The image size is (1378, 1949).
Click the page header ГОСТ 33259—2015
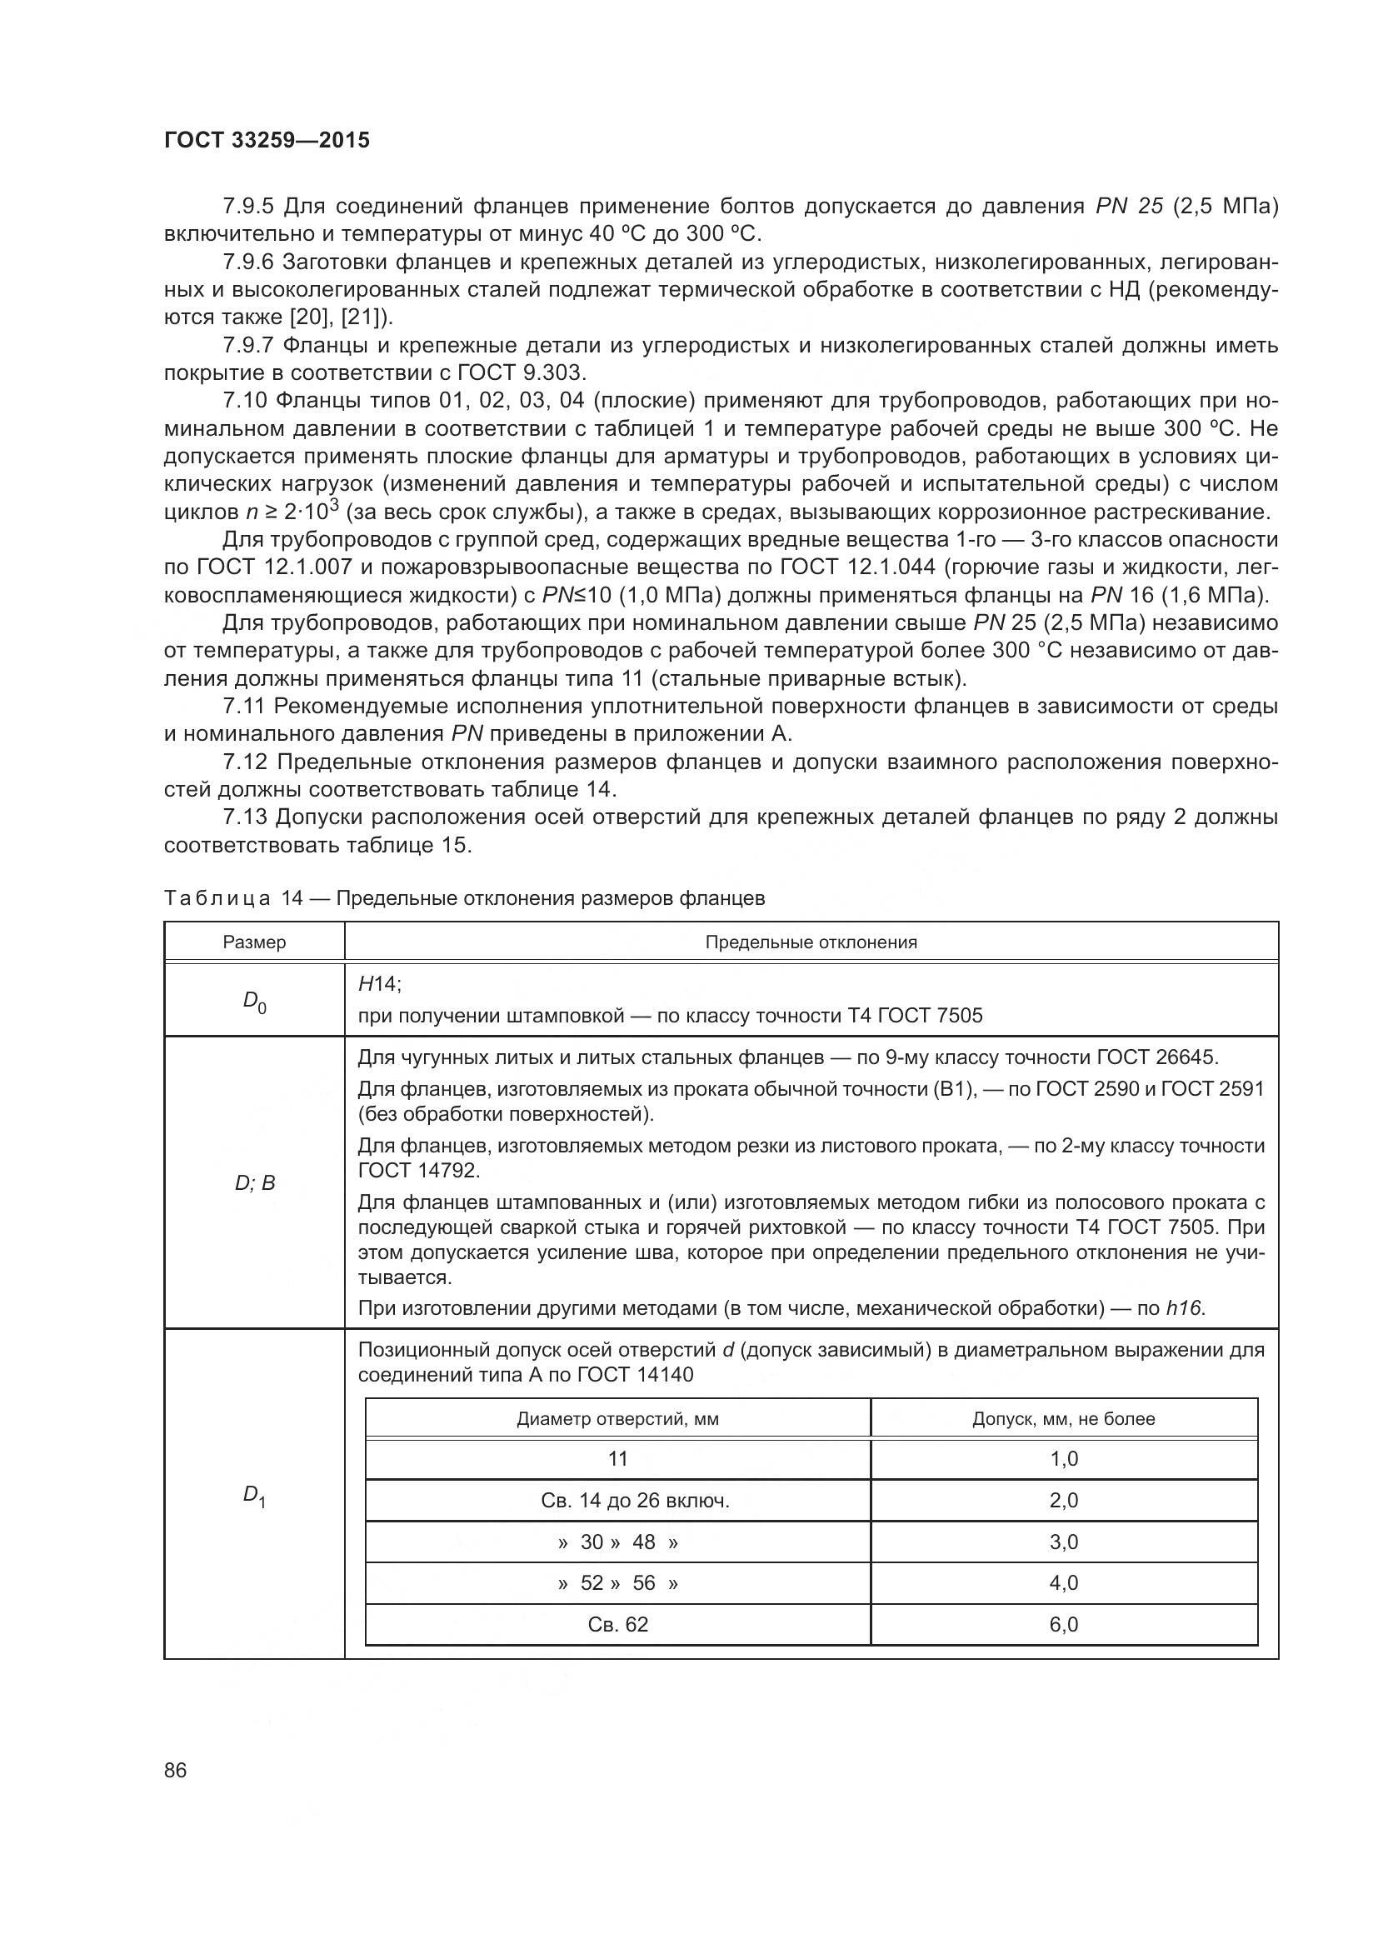(267, 140)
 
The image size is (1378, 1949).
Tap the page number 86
(176, 1770)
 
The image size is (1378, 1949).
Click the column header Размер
(255, 942)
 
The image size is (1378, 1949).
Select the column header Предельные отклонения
(811, 942)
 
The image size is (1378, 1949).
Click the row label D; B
(255, 1183)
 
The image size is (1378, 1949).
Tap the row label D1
(255, 1496)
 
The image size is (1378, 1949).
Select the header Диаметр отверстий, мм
(617, 1419)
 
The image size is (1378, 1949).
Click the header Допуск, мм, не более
(1063, 1419)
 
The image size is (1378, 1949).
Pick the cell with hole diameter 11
(617, 1459)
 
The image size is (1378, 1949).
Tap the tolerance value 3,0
(1063, 1542)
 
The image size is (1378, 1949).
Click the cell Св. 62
(617, 1625)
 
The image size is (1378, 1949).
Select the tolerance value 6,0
(1063, 1625)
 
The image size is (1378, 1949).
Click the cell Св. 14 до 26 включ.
(635, 1501)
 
